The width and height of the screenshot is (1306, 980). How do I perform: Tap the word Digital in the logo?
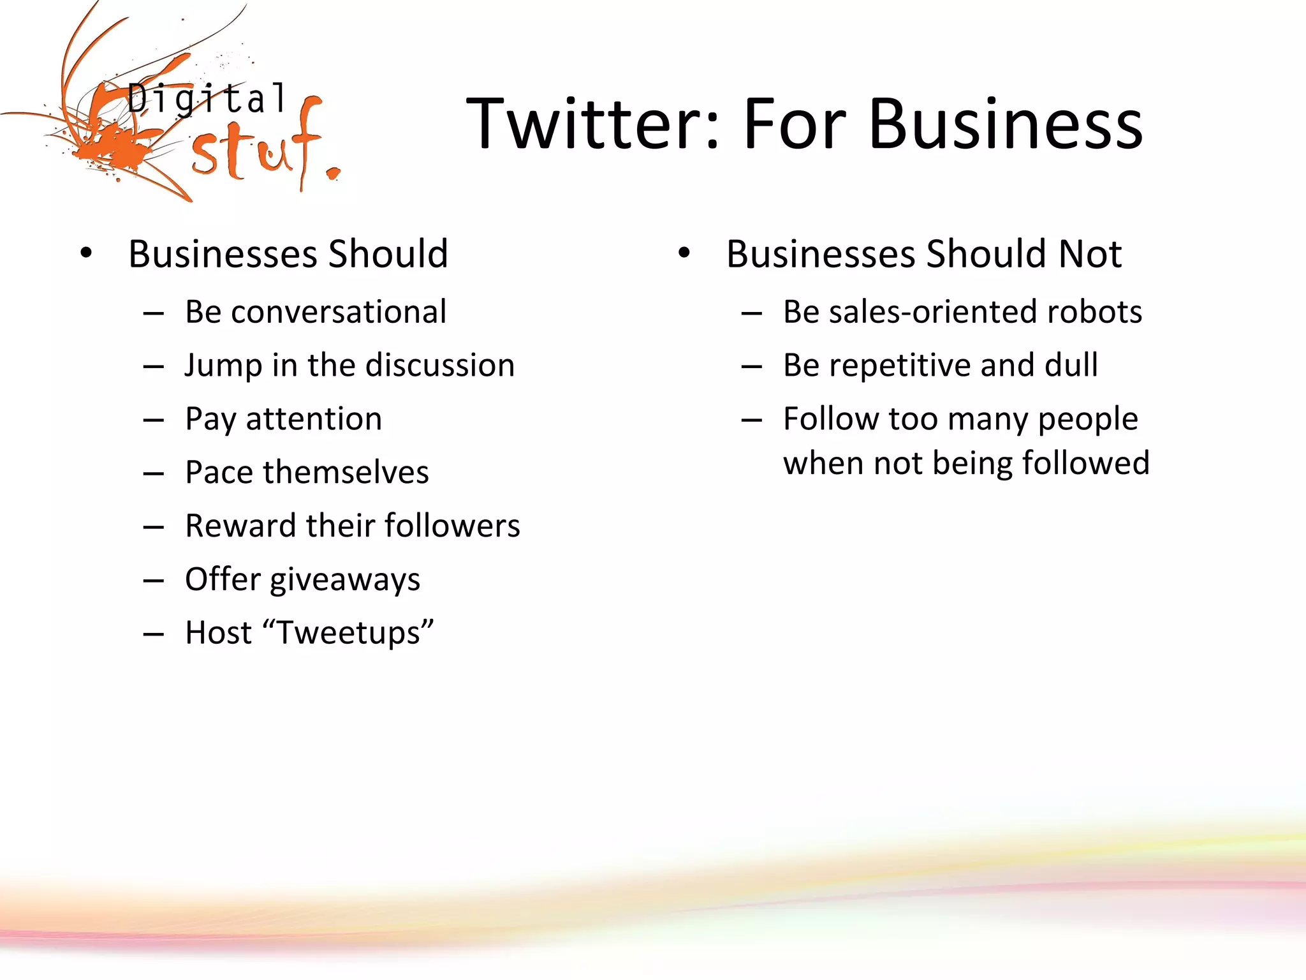point(207,100)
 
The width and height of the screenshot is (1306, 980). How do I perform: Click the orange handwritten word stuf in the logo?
point(255,150)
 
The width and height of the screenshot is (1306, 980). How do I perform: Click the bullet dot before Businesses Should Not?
point(684,254)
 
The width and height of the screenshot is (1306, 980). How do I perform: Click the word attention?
point(314,419)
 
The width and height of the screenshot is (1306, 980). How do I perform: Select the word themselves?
point(346,473)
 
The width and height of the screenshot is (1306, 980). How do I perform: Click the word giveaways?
point(345,581)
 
